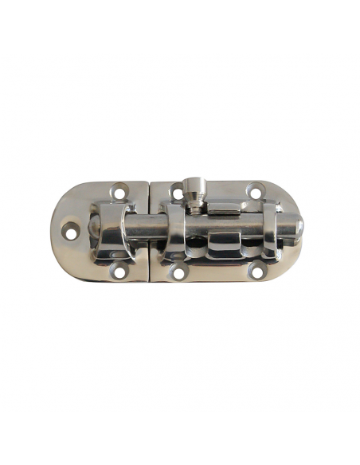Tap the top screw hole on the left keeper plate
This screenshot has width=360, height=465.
[119, 192]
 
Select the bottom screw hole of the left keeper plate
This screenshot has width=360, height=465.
[119, 272]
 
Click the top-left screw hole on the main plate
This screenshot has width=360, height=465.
[177, 193]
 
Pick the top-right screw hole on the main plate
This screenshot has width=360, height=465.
[255, 191]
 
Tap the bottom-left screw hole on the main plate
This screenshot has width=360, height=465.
[176, 271]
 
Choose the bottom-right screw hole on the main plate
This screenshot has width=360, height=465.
[256, 270]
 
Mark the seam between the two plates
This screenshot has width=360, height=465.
[151, 199]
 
